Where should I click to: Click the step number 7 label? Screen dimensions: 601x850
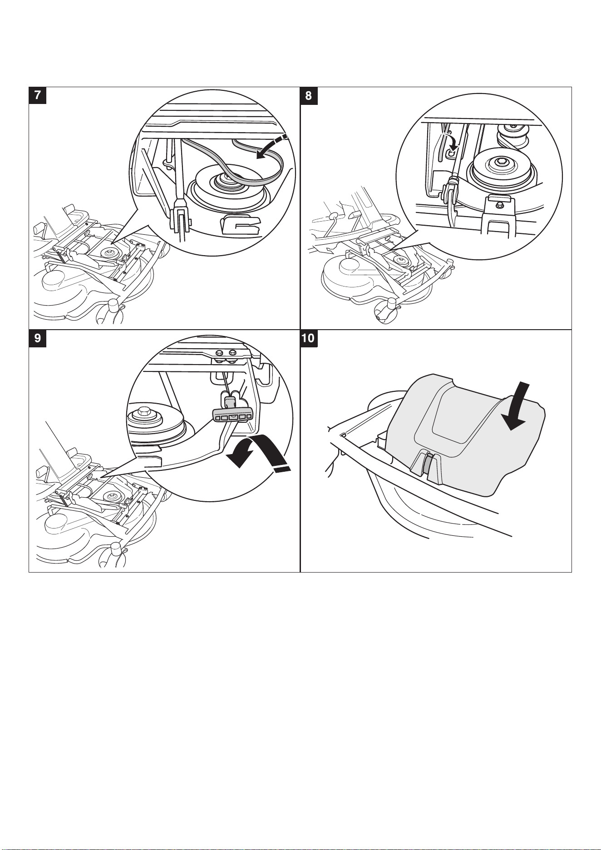click(x=37, y=96)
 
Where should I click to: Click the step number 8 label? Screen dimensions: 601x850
click(x=309, y=96)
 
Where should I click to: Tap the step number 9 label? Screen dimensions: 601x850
click(x=37, y=338)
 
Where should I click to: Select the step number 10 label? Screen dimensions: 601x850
click(x=309, y=338)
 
